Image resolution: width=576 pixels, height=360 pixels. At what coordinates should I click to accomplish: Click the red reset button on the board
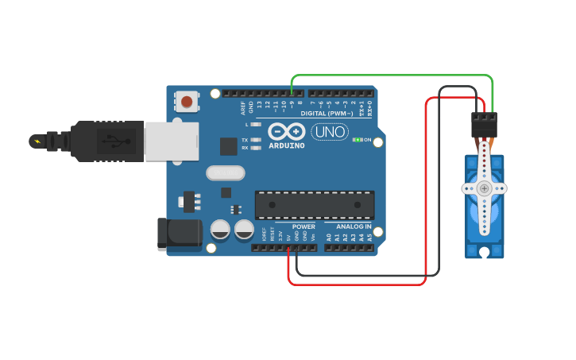(187, 101)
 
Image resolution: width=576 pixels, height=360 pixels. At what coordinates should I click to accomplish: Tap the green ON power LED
(358, 140)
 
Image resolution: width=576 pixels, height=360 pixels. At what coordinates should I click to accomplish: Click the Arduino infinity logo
(286, 132)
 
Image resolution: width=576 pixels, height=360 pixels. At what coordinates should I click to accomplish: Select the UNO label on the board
(329, 132)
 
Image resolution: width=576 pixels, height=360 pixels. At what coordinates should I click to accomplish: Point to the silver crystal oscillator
(225, 172)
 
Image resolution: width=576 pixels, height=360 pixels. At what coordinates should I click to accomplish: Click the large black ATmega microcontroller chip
(315, 204)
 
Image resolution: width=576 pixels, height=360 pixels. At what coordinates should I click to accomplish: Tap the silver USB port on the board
(172, 141)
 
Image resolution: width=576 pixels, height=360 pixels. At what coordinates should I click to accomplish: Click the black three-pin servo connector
(484, 124)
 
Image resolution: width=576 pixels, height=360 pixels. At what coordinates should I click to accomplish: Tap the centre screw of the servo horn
(485, 188)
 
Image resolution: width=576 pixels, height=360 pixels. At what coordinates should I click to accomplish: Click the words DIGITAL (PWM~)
(327, 114)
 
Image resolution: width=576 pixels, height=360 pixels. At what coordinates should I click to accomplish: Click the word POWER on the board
(303, 226)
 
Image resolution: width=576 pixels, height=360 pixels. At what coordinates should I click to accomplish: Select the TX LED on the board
(256, 140)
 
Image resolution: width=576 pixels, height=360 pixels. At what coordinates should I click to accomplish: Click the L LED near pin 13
(256, 125)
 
